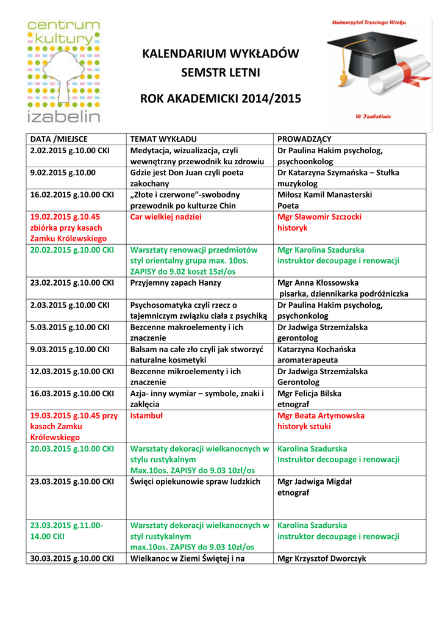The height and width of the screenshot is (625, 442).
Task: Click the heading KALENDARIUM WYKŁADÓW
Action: pos(221,54)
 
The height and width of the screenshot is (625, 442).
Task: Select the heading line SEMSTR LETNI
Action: pos(221,73)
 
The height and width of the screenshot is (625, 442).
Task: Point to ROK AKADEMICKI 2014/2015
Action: pos(221,98)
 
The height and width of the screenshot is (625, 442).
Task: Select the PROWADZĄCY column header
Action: pos(304,139)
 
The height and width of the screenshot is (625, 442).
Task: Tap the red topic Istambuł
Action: pos(147,415)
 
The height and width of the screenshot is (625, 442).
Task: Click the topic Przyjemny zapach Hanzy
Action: pos(176,283)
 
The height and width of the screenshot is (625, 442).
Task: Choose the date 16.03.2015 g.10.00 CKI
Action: pos(72,393)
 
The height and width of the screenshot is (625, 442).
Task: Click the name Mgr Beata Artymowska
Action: pos(321,415)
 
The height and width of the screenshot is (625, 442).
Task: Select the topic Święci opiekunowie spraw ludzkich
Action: pos(195,481)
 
